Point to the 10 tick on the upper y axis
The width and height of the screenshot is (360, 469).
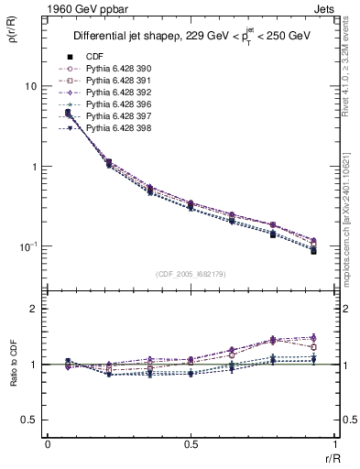(30, 86)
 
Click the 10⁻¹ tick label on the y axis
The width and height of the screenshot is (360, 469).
(27, 246)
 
